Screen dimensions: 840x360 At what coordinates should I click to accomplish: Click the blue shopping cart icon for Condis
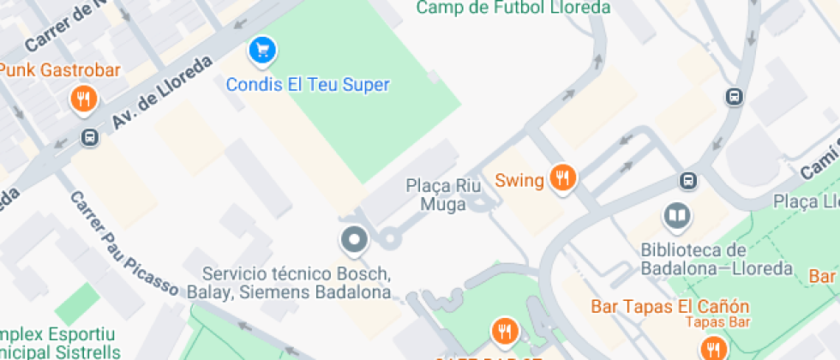(262, 51)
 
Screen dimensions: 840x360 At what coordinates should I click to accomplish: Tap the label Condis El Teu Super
(308, 85)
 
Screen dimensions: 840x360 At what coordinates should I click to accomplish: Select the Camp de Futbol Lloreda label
(513, 9)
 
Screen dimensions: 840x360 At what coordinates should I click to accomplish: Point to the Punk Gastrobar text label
(59, 69)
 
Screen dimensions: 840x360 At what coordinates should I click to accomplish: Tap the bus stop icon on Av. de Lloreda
(90, 137)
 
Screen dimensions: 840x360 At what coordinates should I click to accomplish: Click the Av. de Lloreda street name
(161, 94)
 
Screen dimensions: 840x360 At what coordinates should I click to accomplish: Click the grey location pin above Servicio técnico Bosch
(353, 240)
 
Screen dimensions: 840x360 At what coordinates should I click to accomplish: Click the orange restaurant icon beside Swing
(562, 177)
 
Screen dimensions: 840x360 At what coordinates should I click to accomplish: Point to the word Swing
(519, 181)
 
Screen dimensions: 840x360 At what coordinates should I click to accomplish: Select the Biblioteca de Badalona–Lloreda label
(717, 259)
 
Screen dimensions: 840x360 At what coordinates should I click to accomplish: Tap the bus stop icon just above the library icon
(687, 181)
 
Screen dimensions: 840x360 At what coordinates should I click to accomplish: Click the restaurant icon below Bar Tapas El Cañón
(712, 347)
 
